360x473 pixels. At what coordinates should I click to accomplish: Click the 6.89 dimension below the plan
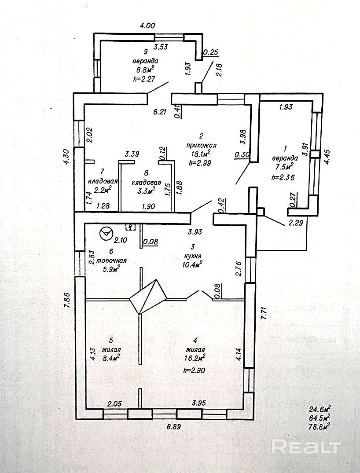tap(173, 426)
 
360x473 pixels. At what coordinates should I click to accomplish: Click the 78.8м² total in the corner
tap(320, 425)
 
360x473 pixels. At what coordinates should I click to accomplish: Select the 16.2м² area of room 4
tap(195, 358)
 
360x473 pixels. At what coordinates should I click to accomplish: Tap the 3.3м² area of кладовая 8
tap(145, 191)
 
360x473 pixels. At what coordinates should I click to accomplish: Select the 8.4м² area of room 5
tap(110, 358)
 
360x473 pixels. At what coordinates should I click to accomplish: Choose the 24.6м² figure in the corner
tap(320, 408)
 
